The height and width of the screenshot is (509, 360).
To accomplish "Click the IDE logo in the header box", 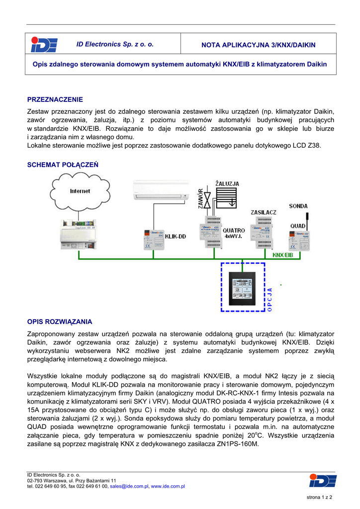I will [x=44, y=45].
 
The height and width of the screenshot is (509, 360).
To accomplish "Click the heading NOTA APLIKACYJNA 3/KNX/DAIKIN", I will [x=258, y=45].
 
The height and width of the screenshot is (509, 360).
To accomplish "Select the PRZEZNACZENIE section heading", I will [x=55, y=99].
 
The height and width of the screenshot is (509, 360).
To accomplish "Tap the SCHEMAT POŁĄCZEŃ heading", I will [x=63, y=165].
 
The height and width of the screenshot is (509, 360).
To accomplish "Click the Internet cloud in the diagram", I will [x=80, y=191].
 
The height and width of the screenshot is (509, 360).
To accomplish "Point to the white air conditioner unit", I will [x=161, y=190].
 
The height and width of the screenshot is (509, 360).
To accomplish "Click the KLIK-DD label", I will [x=175, y=237].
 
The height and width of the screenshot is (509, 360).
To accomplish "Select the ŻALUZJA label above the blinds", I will [x=227, y=183].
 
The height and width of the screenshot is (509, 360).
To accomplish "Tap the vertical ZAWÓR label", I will [x=201, y=199].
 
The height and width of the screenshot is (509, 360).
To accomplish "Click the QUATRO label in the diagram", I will [x=233, y=231].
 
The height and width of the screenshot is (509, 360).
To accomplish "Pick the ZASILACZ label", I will [x=264, y=212].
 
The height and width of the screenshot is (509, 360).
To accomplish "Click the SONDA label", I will [x=298, y=206].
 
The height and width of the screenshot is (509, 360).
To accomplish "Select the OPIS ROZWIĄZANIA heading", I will [x=59, y=322].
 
